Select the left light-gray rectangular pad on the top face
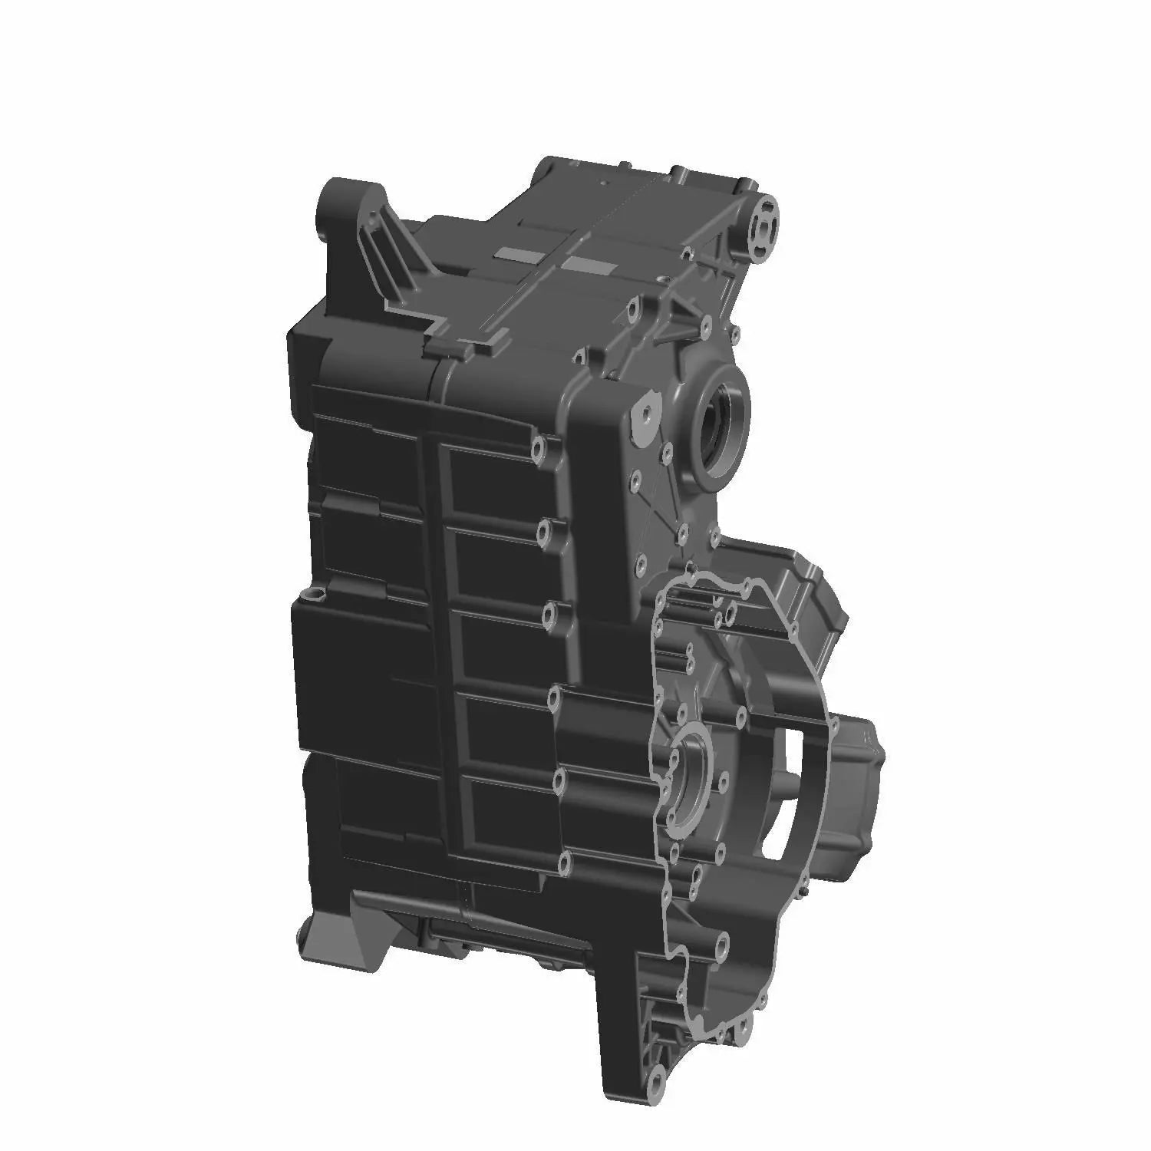[x=516, y=253]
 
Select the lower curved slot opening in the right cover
[x=779, y=836]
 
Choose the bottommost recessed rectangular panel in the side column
[x=510, y=813]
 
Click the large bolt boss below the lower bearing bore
[x=721, y=939]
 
